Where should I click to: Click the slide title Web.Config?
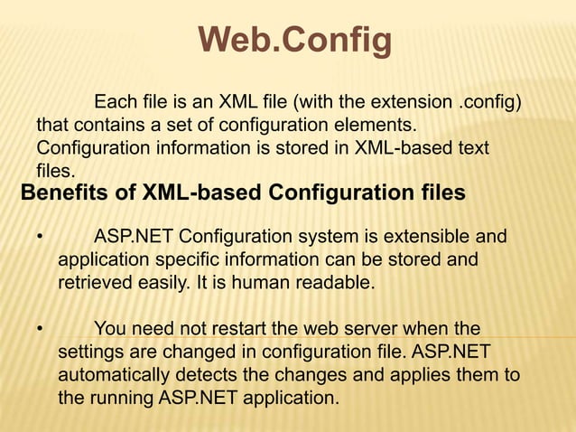(x=294, y=40)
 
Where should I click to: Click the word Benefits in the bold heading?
(x=64, y=193)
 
